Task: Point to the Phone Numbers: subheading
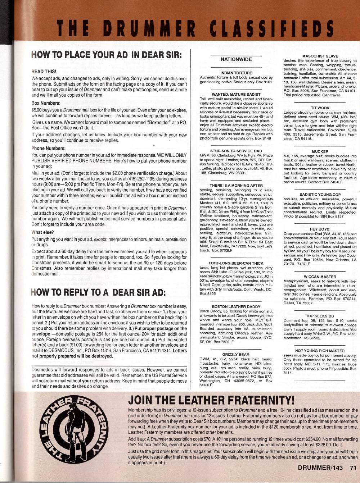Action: click(48, 148)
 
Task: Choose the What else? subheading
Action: click(42, 232)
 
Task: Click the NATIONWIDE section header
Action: click(236, 59)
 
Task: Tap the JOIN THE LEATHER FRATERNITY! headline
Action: click(211, 400)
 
